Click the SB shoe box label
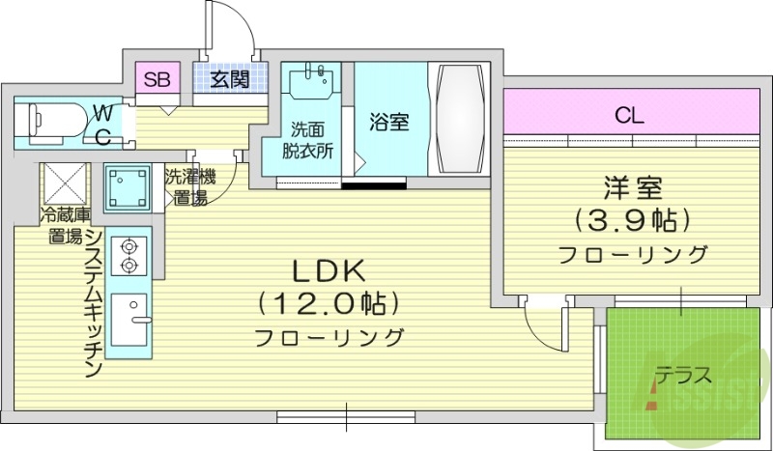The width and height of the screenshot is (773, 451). pos(157,79)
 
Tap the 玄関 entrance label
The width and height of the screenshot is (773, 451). pos(228,79)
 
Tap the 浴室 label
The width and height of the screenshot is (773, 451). pos(389,123)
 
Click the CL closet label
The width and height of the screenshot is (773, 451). pos(630,117)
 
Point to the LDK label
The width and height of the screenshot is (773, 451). pos(328,271)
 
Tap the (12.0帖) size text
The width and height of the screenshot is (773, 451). pos(328,305)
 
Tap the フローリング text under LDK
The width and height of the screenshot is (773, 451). pos(329,338)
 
